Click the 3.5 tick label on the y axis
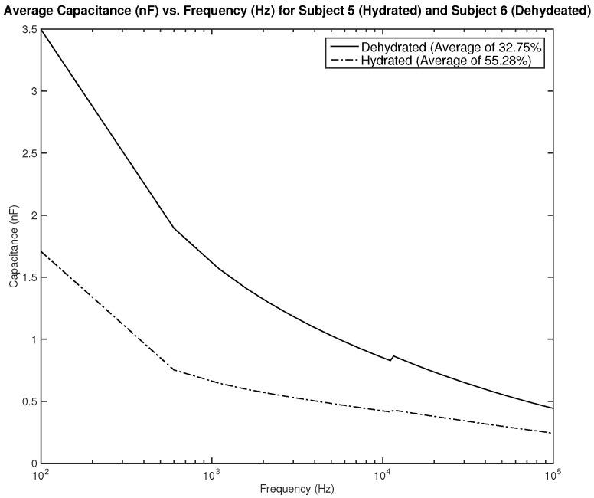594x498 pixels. coord(30,29)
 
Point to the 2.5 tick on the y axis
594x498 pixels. coord(30,153)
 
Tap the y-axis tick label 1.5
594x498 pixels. coord(30,277)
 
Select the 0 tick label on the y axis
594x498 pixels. coord(34,464)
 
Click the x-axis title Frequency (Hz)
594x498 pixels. coord(297,488)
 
